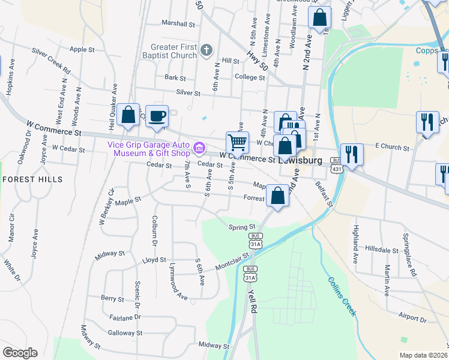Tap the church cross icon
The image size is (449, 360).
coord(206,50)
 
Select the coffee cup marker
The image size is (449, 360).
coord(157,116)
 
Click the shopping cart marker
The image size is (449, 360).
coord(237,143)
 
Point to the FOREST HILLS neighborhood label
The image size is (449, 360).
coord(32,179)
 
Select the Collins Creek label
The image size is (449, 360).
coord(342,296)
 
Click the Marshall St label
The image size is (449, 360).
coord(178,25)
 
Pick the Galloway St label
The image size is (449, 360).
coord(125,332)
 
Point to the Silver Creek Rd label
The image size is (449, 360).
coord(51,61)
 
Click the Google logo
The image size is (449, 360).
coord(20,353)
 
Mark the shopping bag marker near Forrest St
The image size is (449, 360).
coord(277,196)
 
